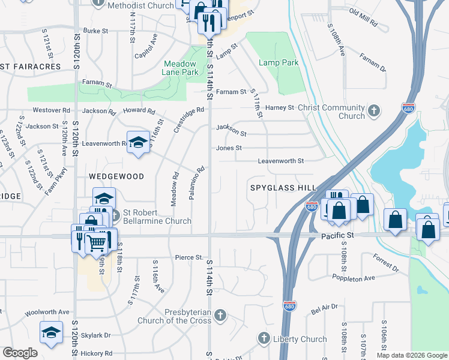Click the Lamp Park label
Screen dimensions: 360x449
pos(279,62)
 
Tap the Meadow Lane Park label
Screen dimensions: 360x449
pos(181,68)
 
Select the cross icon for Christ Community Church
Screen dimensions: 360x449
pos(374,110)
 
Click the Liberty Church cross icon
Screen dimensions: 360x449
pos(264,339)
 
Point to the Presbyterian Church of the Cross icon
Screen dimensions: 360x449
pos(220,315)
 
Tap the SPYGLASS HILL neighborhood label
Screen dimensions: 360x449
pos(283,188)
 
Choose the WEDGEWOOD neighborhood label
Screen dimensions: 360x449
pos(116,176)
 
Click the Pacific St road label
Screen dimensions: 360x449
pos(337,236)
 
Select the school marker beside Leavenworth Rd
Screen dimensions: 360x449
pos(138,143)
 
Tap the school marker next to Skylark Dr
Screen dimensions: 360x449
pos(51,332)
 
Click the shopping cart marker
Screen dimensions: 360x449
pos(95,242)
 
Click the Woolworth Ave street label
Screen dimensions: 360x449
pos(47,312)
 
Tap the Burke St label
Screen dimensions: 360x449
pos(95,30)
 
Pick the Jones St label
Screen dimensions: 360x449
pos(229,148)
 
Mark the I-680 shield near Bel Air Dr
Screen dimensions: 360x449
pos(289,306)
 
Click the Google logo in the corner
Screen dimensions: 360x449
pos(20,353)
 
